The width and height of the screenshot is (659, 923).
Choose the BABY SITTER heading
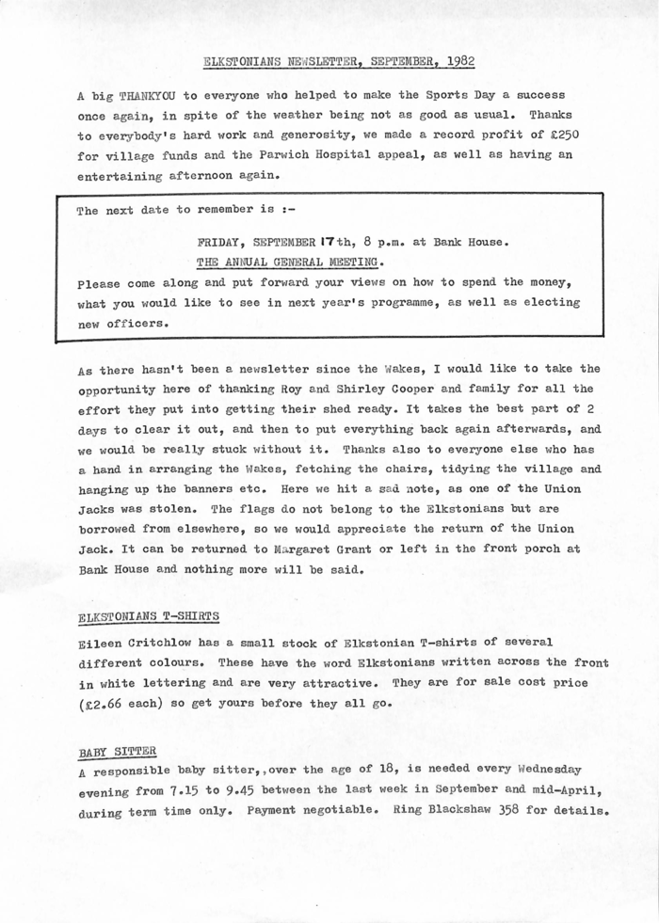pos(118,751)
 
